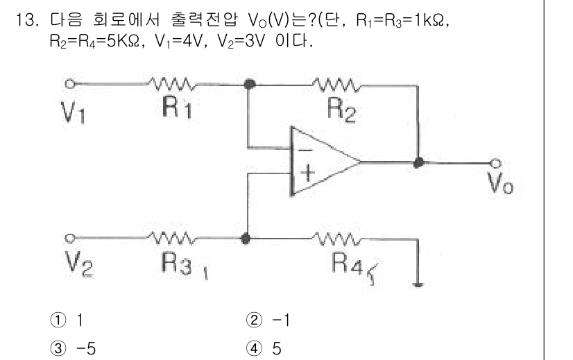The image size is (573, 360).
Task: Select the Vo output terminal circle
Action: [x=495, y=163]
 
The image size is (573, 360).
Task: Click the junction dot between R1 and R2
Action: [x=250, y=84]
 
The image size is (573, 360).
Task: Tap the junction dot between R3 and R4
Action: [x=246, y=237]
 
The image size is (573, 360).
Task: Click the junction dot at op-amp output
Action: [x=418, y=162]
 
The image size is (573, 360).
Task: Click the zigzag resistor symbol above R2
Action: [x=336, y=85]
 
